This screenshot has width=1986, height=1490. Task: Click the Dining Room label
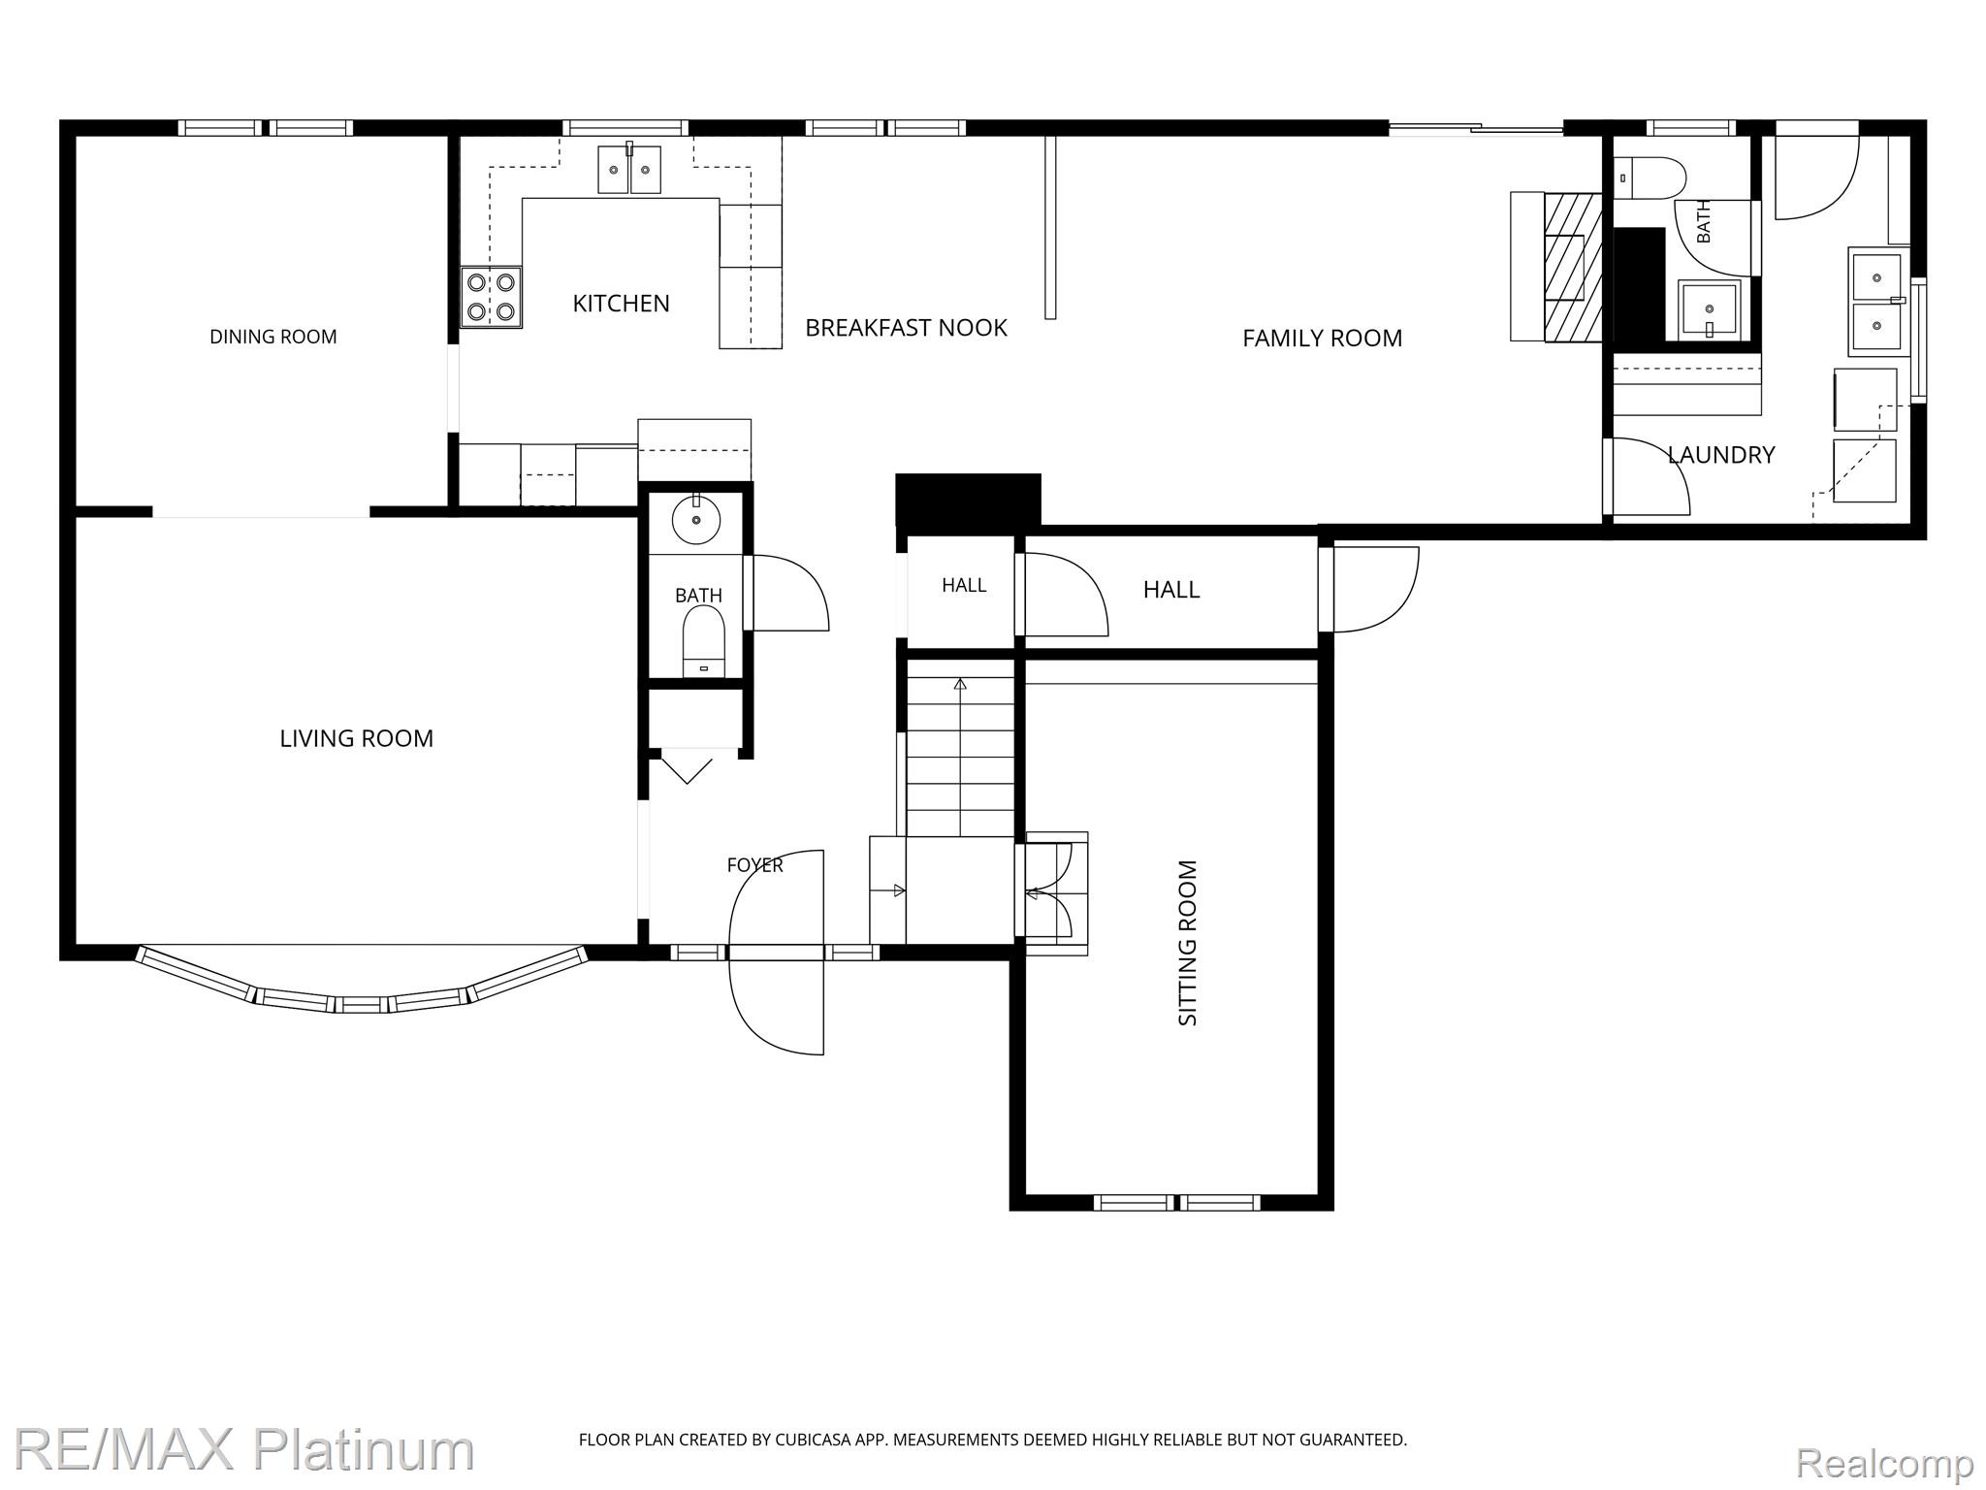(273, 337)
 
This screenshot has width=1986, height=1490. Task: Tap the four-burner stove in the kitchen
(491, 297)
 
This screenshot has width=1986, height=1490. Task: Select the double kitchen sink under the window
(629, 170)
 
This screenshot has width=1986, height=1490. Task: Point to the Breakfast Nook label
(906, 328)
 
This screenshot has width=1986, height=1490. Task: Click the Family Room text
(1322, 338)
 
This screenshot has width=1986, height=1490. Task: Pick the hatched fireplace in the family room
(1572, 267)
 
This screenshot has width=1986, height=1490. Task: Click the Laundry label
(1721, 454)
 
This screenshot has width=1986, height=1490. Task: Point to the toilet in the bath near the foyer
(704, 641)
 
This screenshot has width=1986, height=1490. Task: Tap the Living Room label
(356, 738)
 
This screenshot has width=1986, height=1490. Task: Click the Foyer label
(754, 864)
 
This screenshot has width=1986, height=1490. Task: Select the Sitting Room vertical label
(1188, 942)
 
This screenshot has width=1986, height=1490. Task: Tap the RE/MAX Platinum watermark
(243, 1450)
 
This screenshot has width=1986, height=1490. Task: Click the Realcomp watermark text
(1885, 1462)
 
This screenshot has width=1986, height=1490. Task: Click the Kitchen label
(621, 304)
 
